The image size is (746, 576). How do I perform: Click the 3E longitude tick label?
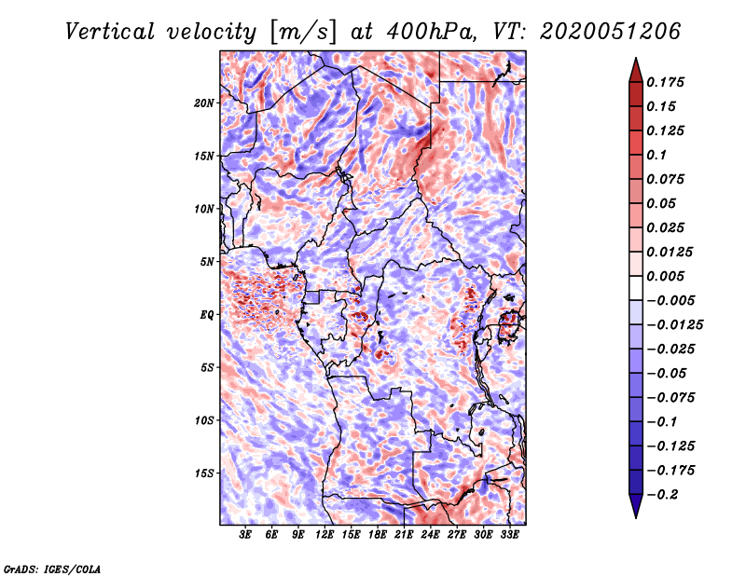[245, 536]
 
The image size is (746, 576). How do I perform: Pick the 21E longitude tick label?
[404, 536]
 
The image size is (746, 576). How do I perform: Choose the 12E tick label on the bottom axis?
[325, 536]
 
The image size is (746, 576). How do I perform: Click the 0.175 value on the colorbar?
[667, 82]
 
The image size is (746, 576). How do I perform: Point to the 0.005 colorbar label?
[667, 277]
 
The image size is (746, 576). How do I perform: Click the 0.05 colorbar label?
[662, 203]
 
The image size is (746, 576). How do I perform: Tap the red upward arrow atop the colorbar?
[635, 67]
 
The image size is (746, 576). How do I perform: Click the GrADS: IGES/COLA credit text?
[51, 568]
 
